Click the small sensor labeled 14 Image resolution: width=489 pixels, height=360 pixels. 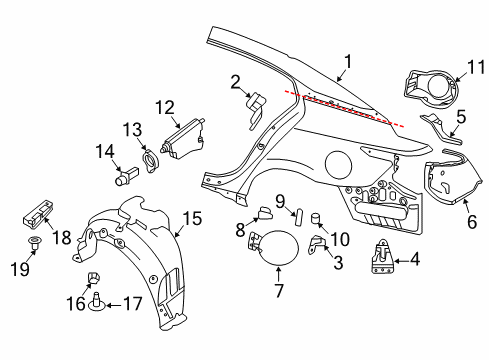(125, 177)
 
